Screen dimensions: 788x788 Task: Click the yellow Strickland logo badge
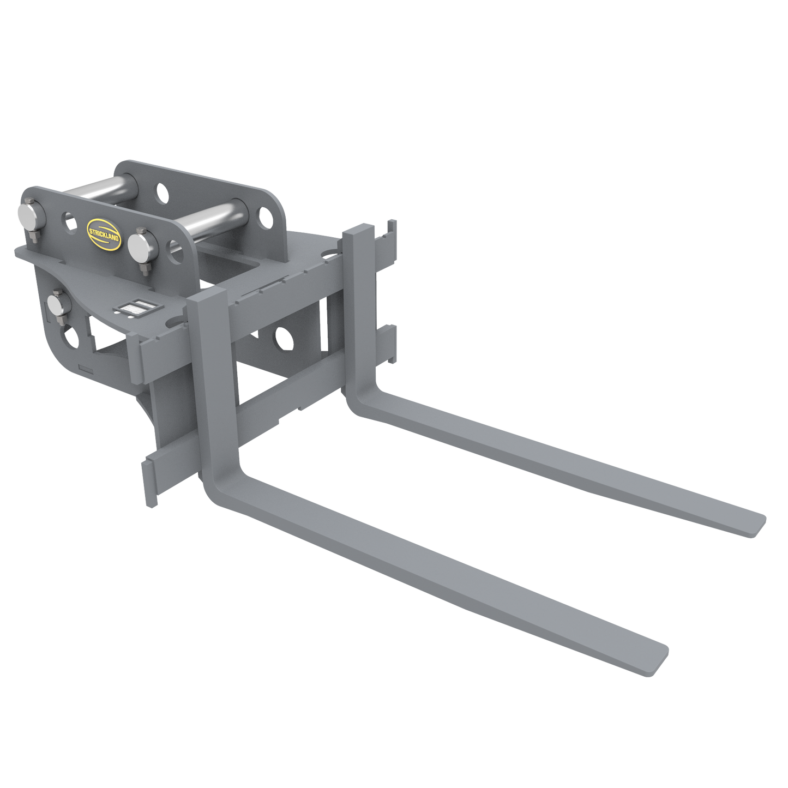[x=104, y=234]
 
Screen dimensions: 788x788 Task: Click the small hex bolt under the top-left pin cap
[x=34, y=236]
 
